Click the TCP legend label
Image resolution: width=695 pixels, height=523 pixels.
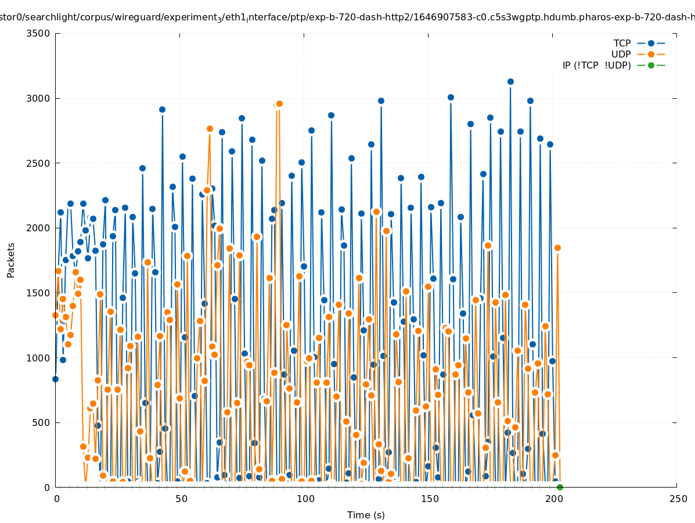(x=622, y=43)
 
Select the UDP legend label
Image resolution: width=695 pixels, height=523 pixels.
(x=621, y=54)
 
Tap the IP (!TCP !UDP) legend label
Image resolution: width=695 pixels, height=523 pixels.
(x=596, y=65)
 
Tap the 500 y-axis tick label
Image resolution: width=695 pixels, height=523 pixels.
(x=43, y=422)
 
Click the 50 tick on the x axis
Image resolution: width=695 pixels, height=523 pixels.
(x=181, y=499)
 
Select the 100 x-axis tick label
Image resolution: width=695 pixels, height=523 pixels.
(x=305, y=499)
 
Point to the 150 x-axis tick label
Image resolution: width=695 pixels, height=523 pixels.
(x=429, y=499)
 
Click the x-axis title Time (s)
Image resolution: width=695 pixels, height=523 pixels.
(x=366, y=515)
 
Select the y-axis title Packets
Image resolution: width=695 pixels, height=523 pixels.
(x=11, y=260)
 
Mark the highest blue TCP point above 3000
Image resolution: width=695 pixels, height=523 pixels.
(x=510, y=82)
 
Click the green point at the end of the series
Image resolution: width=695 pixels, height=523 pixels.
(x=560, y=487)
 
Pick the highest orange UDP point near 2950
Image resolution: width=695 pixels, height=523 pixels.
(x=279, y=103)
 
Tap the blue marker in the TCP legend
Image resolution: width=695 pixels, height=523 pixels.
(x=651, y=43)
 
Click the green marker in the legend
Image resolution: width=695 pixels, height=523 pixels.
(x=651, y=65)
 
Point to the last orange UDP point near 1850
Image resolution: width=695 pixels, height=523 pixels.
(x=557, y=248)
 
